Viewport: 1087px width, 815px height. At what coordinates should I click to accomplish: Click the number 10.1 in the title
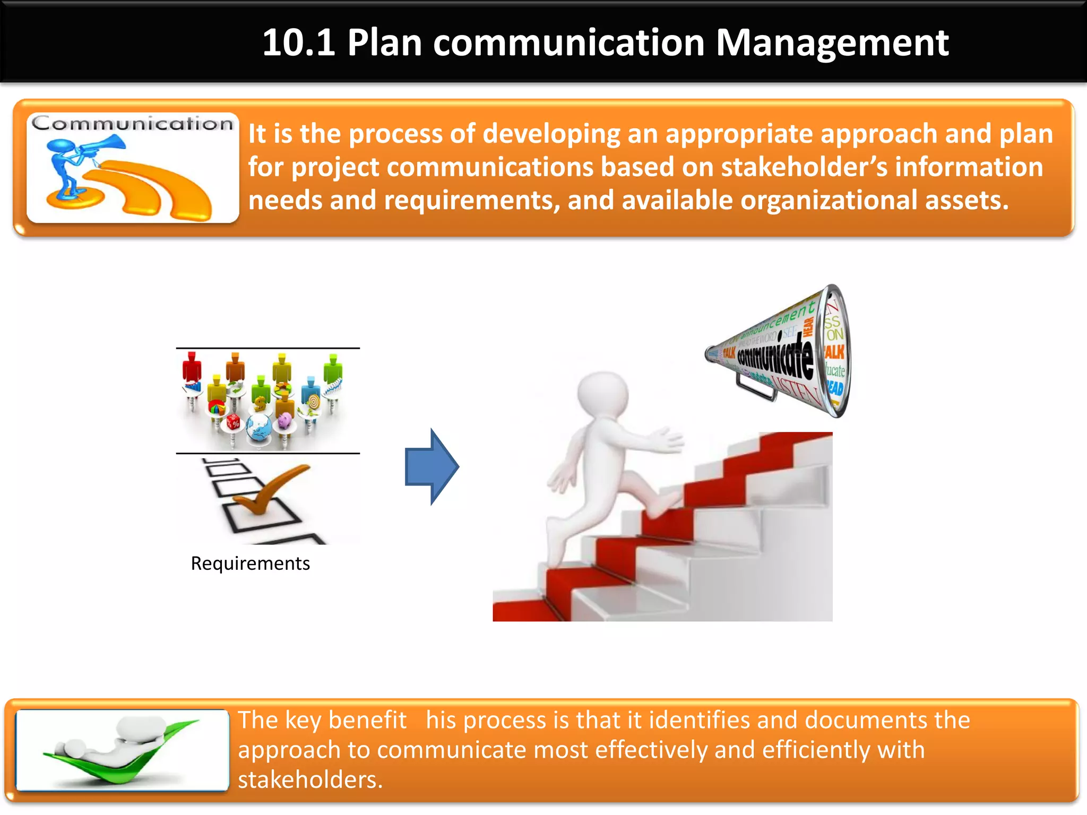pos(299,42)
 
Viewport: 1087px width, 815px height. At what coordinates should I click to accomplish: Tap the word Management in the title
pos(832,42)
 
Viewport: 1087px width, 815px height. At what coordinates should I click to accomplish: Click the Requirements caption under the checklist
pos(250,563)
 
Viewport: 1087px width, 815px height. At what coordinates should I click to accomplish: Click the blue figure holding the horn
pos(66,164)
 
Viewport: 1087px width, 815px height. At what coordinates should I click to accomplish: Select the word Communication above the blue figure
pos(132,124)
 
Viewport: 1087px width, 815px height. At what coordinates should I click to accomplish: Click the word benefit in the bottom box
pos(367,721)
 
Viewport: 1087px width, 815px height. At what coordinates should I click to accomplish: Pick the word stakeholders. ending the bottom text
pos(310,780)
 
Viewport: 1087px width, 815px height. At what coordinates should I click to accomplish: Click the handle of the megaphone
pos(756,390)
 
